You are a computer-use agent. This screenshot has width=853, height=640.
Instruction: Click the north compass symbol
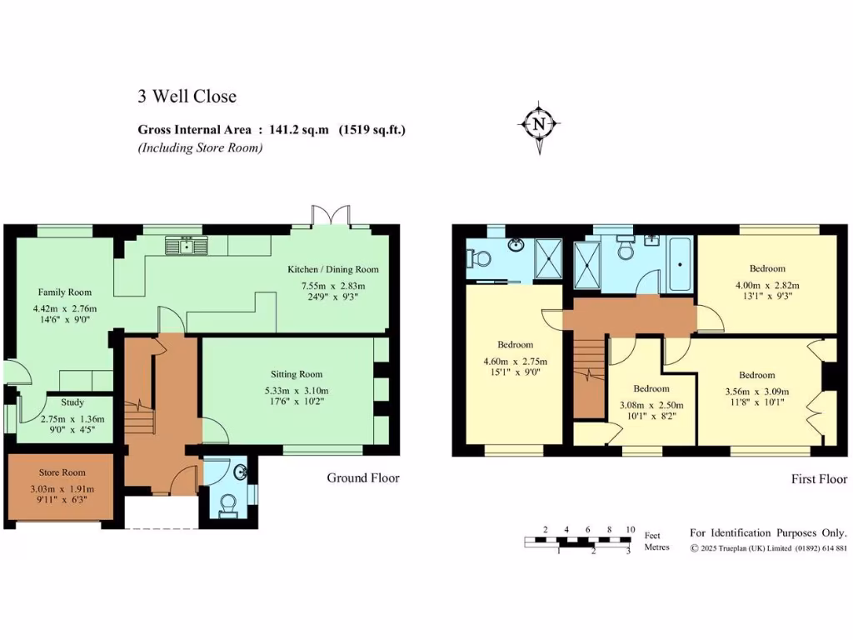click(539, 126)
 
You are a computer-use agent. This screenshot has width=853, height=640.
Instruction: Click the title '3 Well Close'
click(187, 97)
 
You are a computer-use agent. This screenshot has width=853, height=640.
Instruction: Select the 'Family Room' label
click(64, 292)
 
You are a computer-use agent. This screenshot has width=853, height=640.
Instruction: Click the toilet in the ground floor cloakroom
click(227, 503)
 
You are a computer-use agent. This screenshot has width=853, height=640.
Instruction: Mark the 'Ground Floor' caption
click(362, 478)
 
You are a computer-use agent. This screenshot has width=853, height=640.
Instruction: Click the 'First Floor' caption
click(819, 479)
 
